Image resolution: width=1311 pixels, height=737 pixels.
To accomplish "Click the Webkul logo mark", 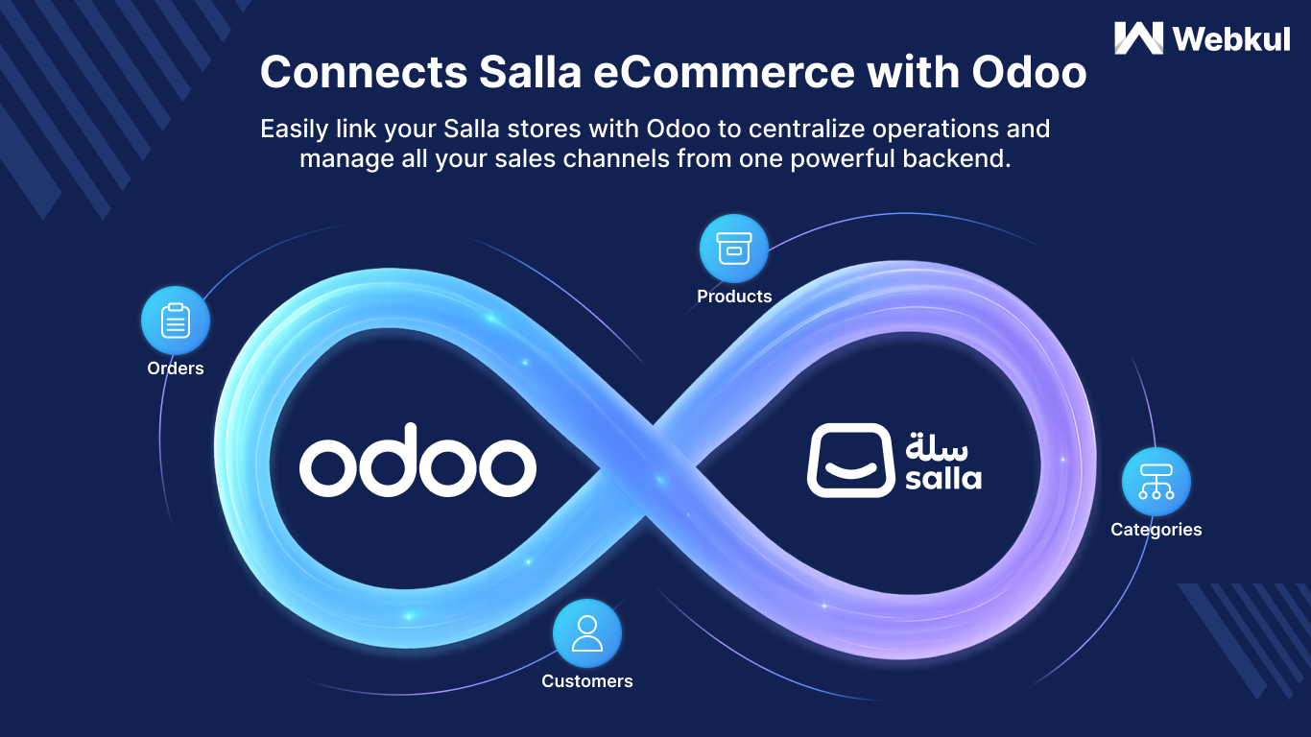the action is (x=1138, y=38).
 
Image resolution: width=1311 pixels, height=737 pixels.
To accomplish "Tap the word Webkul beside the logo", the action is (x=1231, y=39).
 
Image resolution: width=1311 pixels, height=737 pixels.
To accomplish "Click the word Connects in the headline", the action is (x=364, y=73).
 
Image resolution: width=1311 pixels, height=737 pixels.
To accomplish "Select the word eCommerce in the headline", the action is (x=724, y=73).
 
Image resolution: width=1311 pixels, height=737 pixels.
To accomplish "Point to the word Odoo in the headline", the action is (x=1029, y=73).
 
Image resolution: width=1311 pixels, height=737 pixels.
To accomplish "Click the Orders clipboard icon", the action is (x=176, y=321).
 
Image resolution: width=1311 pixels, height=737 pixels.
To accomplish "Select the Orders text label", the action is (x=176, y=368).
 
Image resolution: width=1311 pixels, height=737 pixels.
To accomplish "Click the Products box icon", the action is (x=734, y=249).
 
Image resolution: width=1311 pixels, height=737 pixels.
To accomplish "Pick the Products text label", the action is (x=734, y=297).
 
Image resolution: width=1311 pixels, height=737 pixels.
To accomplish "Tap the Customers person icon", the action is (x=587, y=633).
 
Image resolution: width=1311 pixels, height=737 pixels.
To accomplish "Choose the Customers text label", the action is (x=587, y=680).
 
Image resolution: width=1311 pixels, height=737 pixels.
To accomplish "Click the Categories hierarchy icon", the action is (x=1156, y=482).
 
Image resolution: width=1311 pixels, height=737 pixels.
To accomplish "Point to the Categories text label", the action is (x=1156, y=529).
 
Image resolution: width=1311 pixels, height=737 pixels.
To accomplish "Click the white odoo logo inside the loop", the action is (x=417, y=460).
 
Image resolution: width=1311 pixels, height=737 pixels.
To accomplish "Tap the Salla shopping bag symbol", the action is (x=850, y=460).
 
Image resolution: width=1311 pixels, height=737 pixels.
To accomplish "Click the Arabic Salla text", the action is (x=937, y=446).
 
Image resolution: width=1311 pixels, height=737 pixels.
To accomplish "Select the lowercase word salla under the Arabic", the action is (x=943, y=478).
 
